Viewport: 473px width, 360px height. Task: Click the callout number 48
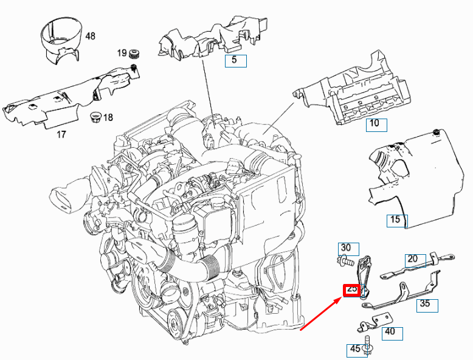click(90, 36)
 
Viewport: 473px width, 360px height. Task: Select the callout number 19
click(122, 54)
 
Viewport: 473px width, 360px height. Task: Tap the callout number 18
click(108, 117)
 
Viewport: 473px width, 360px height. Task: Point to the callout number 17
click(61, 134)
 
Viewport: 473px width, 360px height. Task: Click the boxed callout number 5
click(235, 60)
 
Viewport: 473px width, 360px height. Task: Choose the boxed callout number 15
click(395, 220)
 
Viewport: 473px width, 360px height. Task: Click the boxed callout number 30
click(345, 247)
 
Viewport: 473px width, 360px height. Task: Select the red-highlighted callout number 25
click(352, 289)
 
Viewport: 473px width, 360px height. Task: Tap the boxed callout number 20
click(413, 258)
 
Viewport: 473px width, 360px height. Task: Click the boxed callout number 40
click(390, 331)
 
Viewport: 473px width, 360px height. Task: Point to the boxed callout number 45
click(354, 350)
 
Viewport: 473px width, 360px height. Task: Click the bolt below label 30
click(345, 261)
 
